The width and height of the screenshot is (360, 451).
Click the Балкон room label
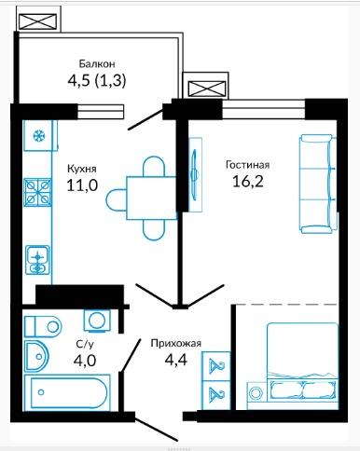coord(97,63)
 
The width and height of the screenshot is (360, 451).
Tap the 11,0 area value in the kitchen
coord(82,185)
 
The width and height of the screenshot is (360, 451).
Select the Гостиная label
coord(247,165)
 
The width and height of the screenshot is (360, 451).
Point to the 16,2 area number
coord(248,182)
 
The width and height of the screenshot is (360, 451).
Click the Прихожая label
coord(176,343)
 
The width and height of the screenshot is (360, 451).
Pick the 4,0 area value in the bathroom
coord(85,361)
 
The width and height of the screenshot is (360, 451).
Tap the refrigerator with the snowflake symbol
coord(40,135)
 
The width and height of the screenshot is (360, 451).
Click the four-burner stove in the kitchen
coord(38,192)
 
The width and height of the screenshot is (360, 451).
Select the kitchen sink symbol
coord(38,260)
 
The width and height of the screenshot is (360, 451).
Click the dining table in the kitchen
coord(151,198)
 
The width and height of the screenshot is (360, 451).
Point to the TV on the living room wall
coord(195,174)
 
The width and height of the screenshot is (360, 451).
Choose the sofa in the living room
coord(318,184)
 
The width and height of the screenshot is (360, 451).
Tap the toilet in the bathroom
coord(43,326)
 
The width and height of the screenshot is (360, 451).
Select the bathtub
coord(67,392)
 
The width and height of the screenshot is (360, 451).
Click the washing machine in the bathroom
coord(97,321)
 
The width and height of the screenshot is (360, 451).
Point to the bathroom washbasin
coord(36,356)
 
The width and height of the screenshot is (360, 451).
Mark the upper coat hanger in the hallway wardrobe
coord(216,366)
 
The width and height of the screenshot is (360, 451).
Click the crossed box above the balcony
coord(38,21)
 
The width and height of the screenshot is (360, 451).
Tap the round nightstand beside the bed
coord(256,392)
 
